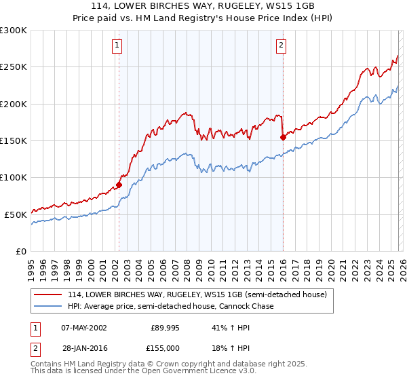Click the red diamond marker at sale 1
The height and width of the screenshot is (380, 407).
[119, 184]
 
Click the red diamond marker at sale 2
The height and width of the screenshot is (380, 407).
[283, 137]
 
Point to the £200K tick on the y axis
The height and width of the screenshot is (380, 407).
[14, 104]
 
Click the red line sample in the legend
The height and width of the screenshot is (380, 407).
[49, 295]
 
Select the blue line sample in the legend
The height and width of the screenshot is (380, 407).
[49, 307]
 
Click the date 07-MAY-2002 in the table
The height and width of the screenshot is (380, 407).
[84, 328]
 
